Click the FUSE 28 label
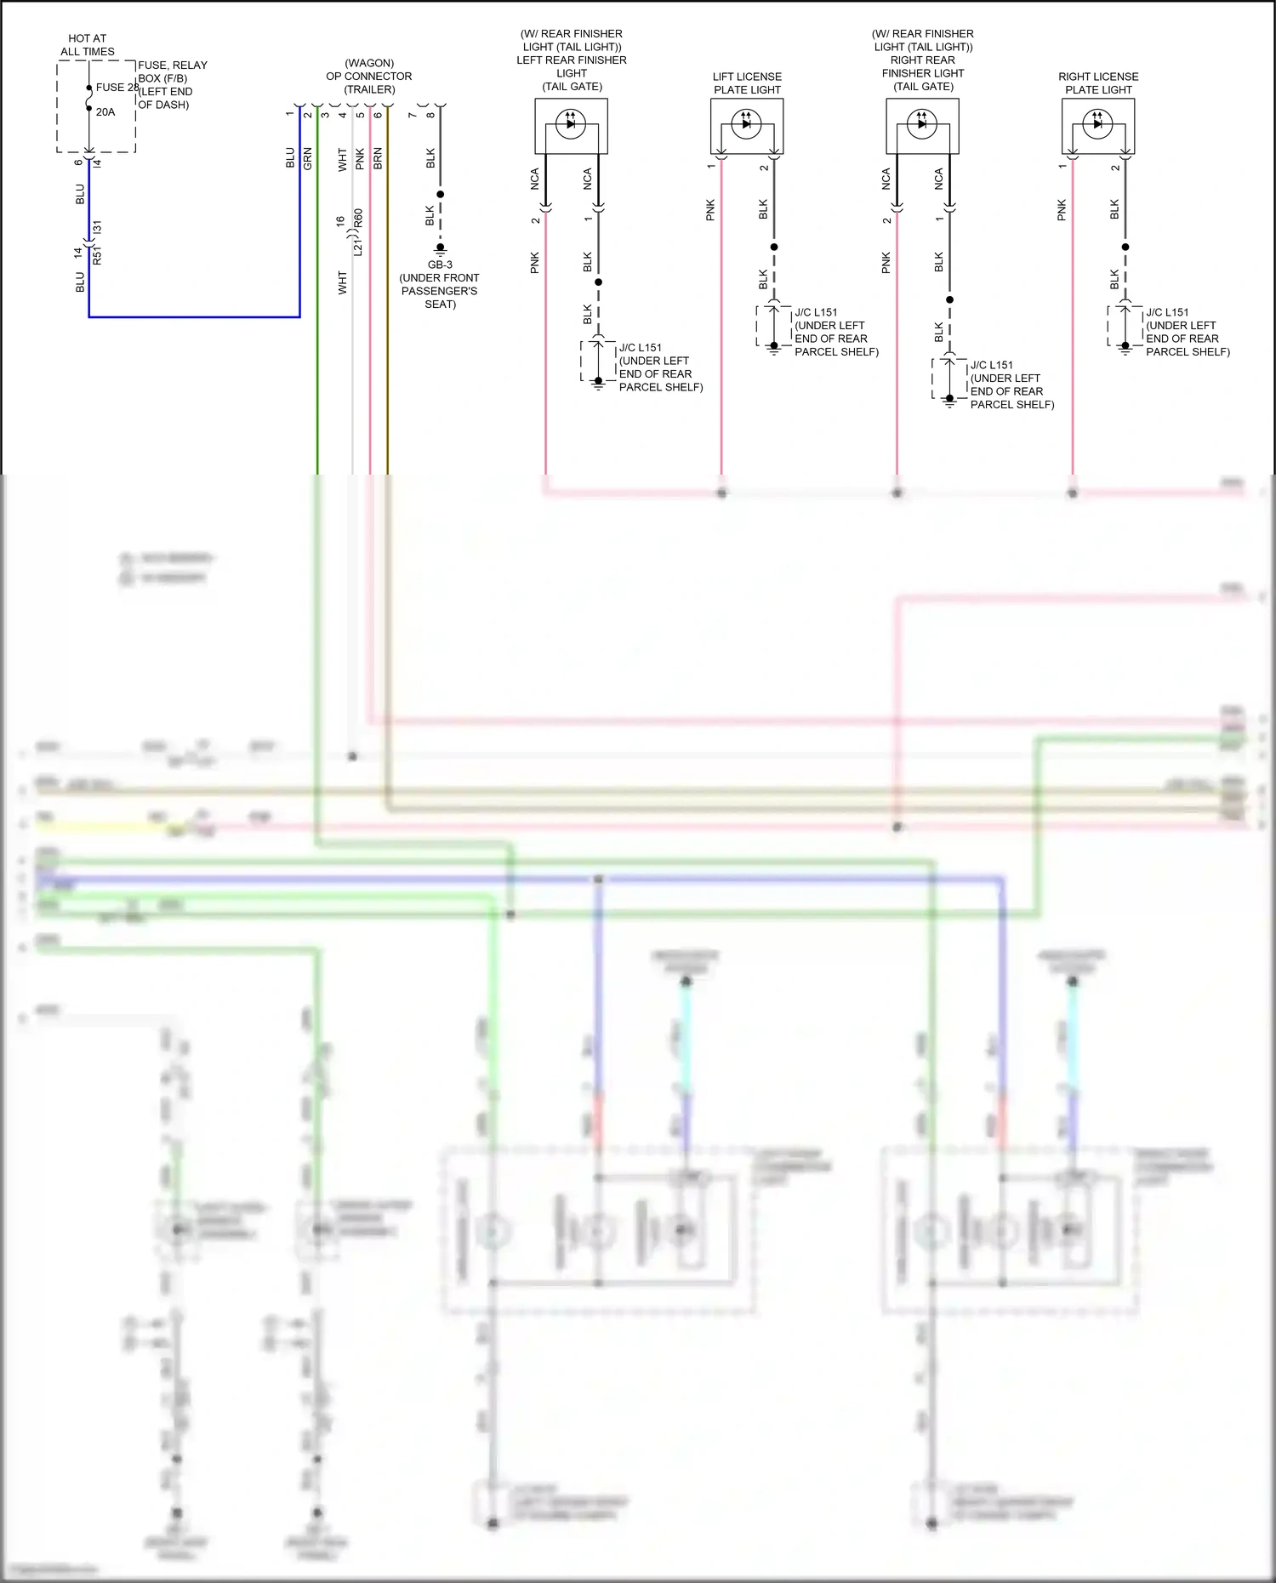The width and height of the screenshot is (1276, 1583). (x=117, y=87)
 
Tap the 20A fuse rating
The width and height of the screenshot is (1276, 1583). (x=105, y=111)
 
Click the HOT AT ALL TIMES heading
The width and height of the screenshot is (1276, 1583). (x=87, y=45)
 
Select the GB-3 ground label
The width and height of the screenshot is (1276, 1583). (x=440, y=265)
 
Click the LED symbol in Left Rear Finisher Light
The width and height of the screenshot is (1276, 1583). (x=571, y=124)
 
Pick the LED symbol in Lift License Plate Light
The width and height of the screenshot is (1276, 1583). (x=747, y=124)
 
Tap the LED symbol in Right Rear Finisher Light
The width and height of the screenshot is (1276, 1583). (x=922, y=124)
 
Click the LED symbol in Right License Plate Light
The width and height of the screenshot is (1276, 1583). (x=1097, y=124)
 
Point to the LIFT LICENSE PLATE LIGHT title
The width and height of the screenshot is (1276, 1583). (x=747, y=83)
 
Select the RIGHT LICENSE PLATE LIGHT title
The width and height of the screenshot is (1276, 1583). (x=1098, y=83)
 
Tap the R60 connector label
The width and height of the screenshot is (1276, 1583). (x=359, y=219)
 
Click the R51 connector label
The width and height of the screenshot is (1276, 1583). (x=97, y=256)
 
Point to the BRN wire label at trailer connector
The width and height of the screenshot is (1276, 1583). (x=378, y=159)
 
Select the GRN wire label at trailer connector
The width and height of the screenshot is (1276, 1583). (x=308, y=159)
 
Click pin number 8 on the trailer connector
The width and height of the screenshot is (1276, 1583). (x=430, y=115)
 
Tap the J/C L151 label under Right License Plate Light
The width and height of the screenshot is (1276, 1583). (x=1167, y=312)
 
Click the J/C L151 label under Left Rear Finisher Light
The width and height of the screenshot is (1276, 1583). (x=641, y=348)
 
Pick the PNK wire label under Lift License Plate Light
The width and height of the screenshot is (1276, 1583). (x=710, y=210)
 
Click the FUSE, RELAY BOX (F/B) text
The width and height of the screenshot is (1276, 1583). (x=172, y=71)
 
